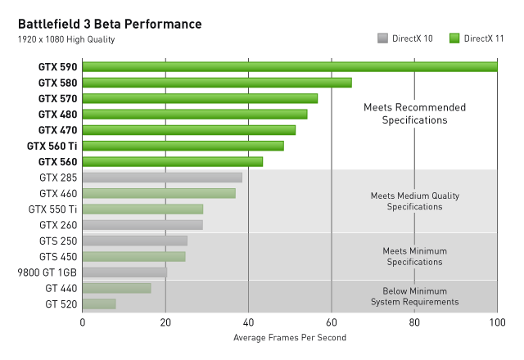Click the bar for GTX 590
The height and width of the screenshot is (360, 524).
(290, 67)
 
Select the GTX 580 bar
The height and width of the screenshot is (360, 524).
(217, 83)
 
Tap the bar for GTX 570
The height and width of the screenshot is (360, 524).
(200, 98)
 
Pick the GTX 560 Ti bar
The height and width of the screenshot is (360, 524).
(183, 146)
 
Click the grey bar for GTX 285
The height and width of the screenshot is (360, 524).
(162, 177)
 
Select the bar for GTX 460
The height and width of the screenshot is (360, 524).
(159, 193)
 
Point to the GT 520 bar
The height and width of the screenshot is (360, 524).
(99, 304)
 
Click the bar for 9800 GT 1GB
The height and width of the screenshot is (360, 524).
(124, 272)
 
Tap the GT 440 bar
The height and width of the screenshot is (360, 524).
(116, 288)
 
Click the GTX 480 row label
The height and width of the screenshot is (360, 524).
(58, 115)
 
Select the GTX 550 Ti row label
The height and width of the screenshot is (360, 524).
(53, 209)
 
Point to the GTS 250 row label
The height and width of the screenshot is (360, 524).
(58, 241)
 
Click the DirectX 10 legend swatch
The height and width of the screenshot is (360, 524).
(382, 38)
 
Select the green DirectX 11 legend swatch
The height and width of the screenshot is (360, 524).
(455, 38)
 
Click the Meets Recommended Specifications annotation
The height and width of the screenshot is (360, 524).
(414, 114)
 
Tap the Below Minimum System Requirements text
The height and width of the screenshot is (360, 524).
(414, 296)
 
